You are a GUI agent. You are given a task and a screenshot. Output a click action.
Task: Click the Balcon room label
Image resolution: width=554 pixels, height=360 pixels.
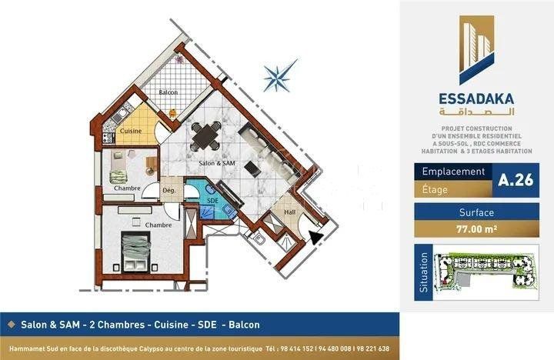tap(169, 92)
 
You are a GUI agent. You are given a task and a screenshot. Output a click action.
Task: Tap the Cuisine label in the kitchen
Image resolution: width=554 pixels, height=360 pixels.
tap(131, 131)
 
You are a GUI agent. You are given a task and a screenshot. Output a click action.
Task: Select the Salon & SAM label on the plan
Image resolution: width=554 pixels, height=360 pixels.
tap(216, 163)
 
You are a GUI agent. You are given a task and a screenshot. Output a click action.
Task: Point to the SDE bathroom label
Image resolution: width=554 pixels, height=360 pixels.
tap(212, 201)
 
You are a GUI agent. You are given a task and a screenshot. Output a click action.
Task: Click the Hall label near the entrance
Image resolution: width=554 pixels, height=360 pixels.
tap(290, 212)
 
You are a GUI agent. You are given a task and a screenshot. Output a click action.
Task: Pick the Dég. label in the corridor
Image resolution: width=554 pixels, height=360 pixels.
tap(169, 191)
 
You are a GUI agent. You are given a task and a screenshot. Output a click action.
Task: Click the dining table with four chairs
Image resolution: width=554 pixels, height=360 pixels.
tap(206, 136)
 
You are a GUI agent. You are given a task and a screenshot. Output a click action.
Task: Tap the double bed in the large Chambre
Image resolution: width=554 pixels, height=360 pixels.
tap(135, 252)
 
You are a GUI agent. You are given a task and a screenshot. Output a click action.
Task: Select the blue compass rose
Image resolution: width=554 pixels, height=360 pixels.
tap(280, 75)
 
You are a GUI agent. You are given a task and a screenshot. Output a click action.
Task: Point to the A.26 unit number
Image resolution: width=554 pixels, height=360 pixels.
tap(516, 180)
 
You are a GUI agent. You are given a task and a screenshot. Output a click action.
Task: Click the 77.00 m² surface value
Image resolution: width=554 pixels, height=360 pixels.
tap(476, 229)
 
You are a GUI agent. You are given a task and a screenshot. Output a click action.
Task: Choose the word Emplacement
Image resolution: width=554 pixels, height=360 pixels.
tap(453, 172)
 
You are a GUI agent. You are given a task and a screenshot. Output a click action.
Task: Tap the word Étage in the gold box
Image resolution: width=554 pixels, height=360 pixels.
tap(435, 190)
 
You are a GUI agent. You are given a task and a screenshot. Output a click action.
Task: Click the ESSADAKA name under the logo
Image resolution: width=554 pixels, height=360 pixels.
tap(476, 98)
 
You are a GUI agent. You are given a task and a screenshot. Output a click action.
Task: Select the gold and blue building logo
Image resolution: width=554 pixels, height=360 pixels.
tap(476, 50)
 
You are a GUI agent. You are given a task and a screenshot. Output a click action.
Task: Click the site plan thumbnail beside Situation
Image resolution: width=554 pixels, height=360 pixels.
tap(486, 272)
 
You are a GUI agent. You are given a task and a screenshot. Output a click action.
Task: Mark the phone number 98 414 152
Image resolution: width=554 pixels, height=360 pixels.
tap(297, 348)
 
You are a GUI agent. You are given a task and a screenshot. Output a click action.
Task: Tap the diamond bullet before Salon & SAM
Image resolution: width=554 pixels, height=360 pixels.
tap(12, 325)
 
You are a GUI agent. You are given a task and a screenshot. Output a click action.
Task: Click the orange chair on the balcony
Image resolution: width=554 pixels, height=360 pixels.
tap(172, 113)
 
